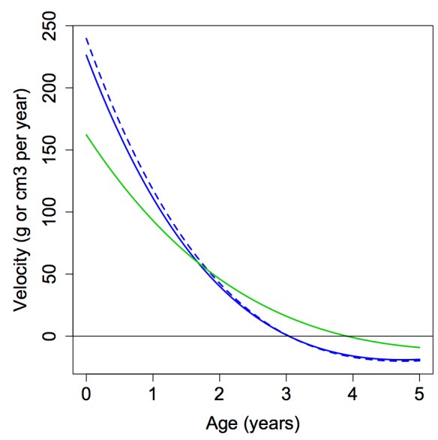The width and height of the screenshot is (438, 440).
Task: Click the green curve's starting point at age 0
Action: pos(86,135)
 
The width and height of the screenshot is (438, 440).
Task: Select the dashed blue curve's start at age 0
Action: pos(86,37)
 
